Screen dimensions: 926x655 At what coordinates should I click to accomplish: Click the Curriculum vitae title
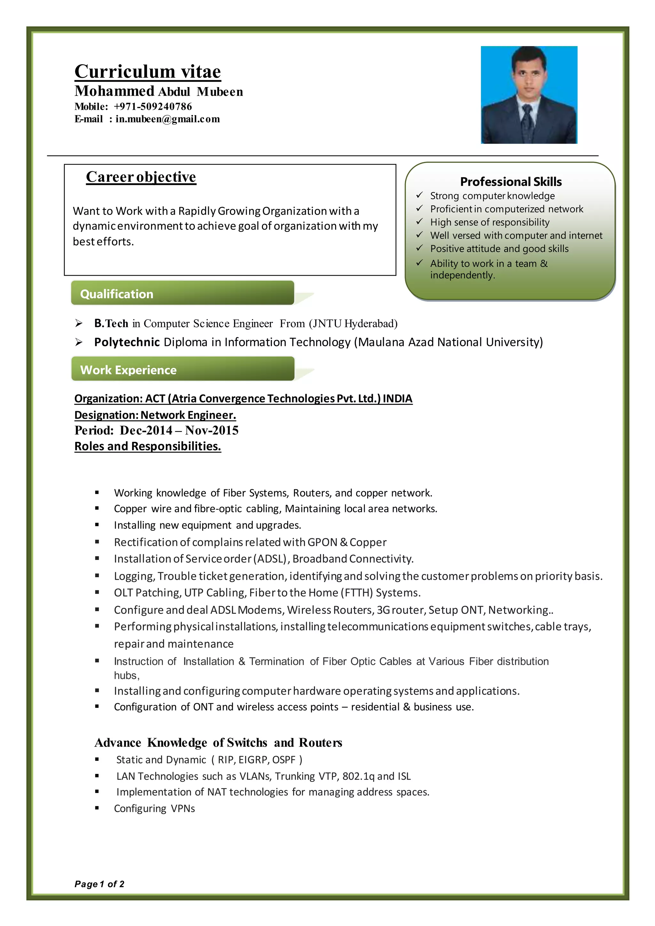click(x=148, y=71)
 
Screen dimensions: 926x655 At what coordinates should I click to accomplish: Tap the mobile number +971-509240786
click(x=153, y=107)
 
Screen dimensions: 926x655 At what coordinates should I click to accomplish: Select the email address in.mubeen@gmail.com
click(x=168, y=119)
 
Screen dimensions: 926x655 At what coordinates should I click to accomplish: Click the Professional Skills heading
click(x=511, y=181)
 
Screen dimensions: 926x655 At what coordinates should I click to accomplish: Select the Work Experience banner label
click(x=128, y=370)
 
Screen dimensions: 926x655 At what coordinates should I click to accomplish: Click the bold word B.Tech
click(x=111, y=323)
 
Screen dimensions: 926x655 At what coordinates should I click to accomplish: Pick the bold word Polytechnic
click(x=127, y=342)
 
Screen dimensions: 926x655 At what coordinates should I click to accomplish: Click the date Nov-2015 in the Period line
click(x=212, y=430)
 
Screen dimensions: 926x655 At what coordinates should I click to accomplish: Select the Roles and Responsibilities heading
click(x=148, y=446)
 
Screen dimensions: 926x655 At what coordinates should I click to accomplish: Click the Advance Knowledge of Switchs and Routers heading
click(x=218, y=742)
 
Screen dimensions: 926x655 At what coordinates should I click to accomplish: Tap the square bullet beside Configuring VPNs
click(x=97, y=809)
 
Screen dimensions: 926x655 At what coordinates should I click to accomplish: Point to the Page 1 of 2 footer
click(x=99, y=884)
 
